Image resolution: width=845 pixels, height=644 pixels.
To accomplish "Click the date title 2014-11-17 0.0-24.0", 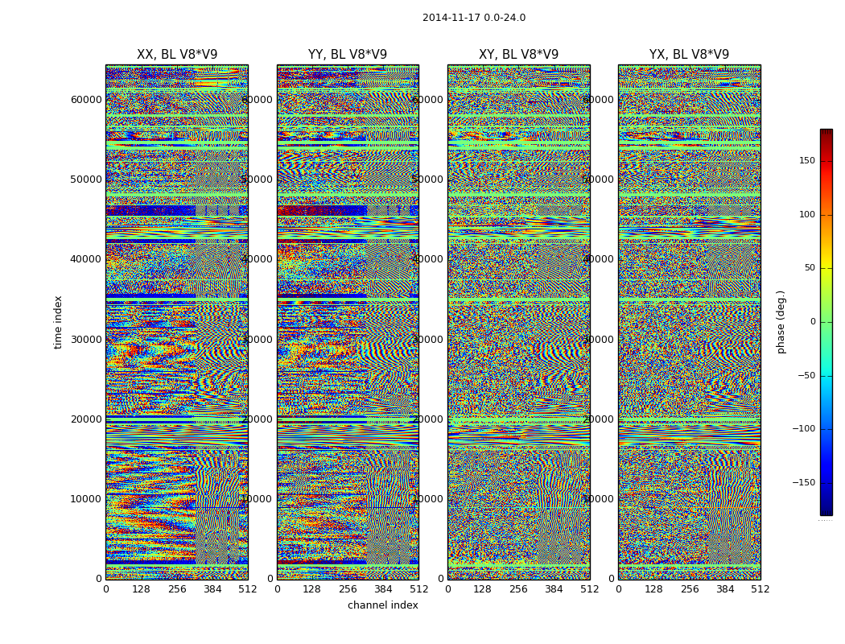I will (474, 18).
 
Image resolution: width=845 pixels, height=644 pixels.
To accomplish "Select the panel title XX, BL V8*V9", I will (177, 55).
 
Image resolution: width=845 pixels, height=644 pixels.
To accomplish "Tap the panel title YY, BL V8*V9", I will (348, 55).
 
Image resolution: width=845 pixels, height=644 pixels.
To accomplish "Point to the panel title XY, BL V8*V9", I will (518, 55).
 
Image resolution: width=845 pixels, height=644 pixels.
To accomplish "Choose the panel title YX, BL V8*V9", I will (689, 55).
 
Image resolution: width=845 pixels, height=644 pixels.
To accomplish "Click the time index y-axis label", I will (58, 321).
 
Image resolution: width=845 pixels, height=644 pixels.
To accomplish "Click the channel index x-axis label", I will (383, 605).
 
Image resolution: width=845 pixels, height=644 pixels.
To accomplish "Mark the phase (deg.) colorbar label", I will (781, 321).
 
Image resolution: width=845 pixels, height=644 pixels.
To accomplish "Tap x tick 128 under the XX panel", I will (141, 589).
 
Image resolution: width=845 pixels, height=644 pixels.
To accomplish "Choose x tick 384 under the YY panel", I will (383, 589).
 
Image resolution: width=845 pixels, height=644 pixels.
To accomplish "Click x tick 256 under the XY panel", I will (518, 589).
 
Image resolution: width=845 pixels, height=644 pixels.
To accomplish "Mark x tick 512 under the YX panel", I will (760, 589).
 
